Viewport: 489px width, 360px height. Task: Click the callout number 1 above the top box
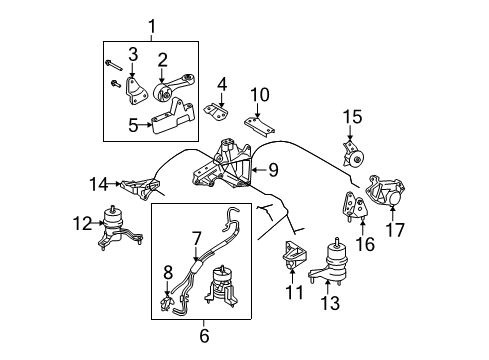tap(152, 25)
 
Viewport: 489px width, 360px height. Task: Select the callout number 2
tap(161, 59)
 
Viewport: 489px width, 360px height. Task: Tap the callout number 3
tap(132, 52)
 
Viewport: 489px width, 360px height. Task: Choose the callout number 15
tap(352, 117)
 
